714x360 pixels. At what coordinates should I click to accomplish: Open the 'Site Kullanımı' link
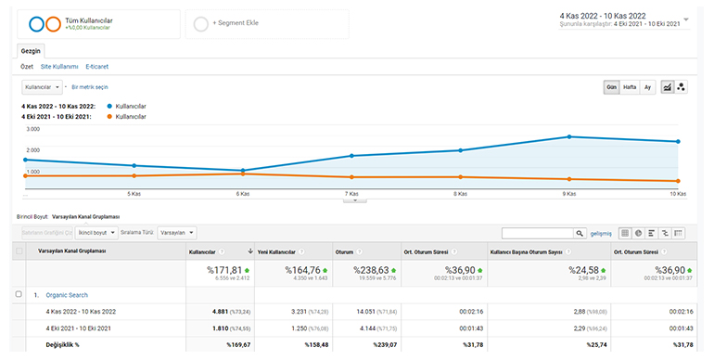[x=59, y=67]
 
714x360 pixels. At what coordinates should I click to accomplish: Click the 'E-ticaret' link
[x=97, y=67]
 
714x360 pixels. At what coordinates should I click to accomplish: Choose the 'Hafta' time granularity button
[x=630, y=86]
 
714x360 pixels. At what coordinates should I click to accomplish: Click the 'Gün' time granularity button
[x=612, y=86]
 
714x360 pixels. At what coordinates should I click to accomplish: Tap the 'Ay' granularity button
[x=648, y=86]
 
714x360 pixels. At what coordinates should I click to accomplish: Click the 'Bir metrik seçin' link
[x=96, y=86]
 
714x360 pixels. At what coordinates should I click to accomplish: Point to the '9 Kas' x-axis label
[x=569, y=194]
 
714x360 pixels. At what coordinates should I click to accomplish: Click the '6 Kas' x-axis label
[x=243, y=194]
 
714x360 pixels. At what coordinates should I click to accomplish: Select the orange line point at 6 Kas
[x=243, y=174]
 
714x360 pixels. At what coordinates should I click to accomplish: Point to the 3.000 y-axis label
[x=32, y=129]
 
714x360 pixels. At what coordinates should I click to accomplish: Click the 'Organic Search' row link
[x=67, y=294]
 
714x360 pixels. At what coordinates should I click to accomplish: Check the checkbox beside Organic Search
[x=19, y=294]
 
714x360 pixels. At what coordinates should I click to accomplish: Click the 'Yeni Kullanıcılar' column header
[x=277, y=251]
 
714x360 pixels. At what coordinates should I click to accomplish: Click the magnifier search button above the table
[x=580, y=233]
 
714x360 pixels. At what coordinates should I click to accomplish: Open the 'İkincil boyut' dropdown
[x=94, y=233]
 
